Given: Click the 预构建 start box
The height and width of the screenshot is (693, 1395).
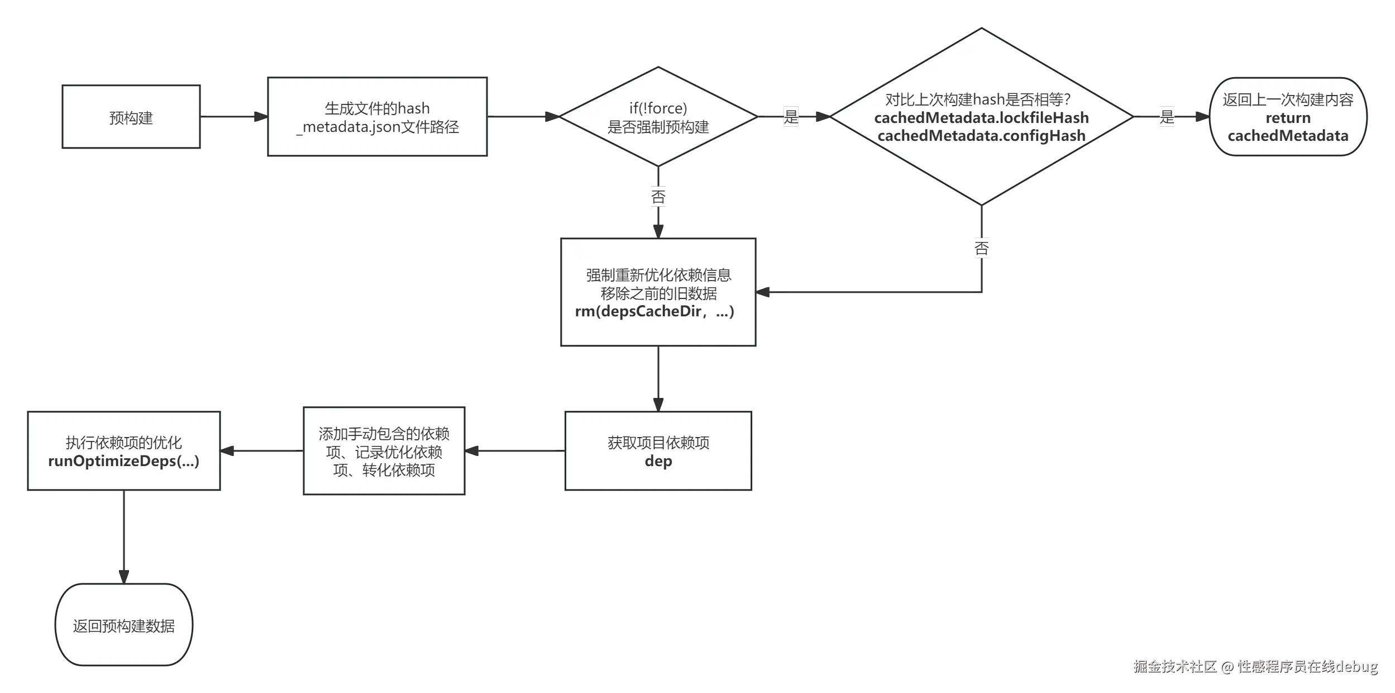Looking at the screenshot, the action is tap(131, 117).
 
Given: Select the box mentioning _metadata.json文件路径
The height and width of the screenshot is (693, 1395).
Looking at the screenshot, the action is tap(377, 117).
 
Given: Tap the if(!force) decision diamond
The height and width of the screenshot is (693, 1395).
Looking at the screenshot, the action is tap(658, 117).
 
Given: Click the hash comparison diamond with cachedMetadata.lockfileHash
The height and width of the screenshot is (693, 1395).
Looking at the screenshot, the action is tap(981, 117).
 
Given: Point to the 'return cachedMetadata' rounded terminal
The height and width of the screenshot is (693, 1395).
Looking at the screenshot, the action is tap(1288, 117).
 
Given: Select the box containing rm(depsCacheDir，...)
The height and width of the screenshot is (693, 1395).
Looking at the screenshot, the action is tap(658, 293).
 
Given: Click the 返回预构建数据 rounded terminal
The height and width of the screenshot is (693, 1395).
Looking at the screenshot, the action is tap(124, 625).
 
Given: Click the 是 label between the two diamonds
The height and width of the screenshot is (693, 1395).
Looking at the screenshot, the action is tap(791, 117).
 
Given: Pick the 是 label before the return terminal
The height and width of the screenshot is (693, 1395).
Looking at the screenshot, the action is tap(1166, 117).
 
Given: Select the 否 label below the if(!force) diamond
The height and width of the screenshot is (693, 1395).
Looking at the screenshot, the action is tap(657, 197).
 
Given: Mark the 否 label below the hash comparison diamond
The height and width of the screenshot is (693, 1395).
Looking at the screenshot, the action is tap(982, 248).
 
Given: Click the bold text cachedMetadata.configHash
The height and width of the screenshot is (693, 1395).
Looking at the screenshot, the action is tap(981, 136).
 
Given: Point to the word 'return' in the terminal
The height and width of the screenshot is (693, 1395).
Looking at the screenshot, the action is tap(1288, 118).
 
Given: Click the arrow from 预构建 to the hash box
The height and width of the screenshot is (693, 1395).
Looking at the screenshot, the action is tap(233, 117).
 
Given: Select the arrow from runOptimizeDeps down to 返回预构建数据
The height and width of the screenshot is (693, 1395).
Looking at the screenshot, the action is tap(123, 537).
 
